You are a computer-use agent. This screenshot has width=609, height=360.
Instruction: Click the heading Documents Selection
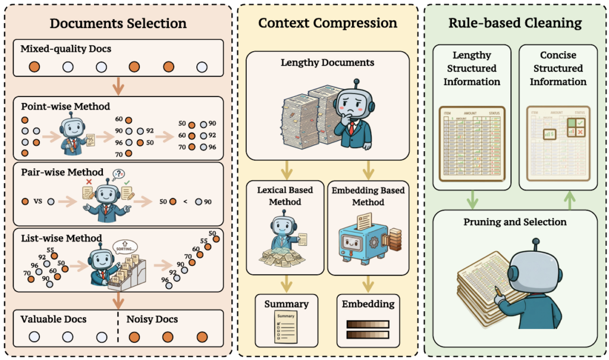[118, 24]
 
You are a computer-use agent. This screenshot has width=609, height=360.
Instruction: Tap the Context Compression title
[327, 24]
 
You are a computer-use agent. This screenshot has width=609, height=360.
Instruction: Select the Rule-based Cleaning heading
[515, 24]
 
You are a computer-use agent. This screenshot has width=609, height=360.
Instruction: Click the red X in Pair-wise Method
[89, 181]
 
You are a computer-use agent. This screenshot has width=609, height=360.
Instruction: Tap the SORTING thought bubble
[127, 245]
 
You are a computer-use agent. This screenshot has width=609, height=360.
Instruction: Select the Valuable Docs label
[54, 320]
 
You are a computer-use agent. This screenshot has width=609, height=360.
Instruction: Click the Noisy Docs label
[152, 320]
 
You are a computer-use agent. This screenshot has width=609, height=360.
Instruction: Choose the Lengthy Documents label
[327, 62]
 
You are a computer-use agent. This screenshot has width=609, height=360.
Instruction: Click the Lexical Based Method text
[285, 196]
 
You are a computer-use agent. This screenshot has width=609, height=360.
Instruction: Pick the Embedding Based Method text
[368, 196]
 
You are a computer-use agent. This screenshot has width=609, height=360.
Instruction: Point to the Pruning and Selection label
[515, 222]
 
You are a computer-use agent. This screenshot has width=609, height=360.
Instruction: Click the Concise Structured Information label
[558, 68]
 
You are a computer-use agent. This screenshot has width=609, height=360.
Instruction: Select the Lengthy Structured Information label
[472, 68]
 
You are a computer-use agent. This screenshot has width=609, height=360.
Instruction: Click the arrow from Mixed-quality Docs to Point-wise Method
[118, 86]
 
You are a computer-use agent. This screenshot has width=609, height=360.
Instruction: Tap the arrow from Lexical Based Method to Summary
[286, 283]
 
